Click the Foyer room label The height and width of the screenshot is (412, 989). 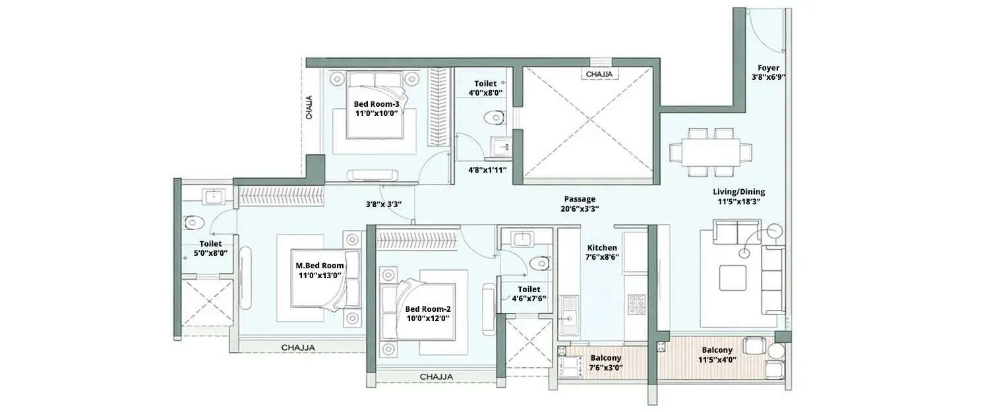click(768, 68)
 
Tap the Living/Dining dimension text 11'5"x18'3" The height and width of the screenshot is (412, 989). click(738, 202)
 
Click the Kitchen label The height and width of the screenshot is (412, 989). click(603, 248)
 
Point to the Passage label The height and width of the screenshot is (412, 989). click(580, 199)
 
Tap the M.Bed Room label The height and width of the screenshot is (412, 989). click(320, 266)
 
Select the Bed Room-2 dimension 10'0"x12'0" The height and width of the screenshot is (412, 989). click(427, 319)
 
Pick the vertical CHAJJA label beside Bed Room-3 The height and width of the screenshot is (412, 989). click(309, 107)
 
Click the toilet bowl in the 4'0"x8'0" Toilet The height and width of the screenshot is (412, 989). click(493, 118)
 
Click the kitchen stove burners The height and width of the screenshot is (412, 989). click(636, 305)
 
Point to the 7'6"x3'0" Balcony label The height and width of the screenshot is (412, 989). click(605, 358)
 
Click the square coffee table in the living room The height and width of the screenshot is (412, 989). click(732, 278)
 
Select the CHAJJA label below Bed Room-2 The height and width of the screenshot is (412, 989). click(436, 376)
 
